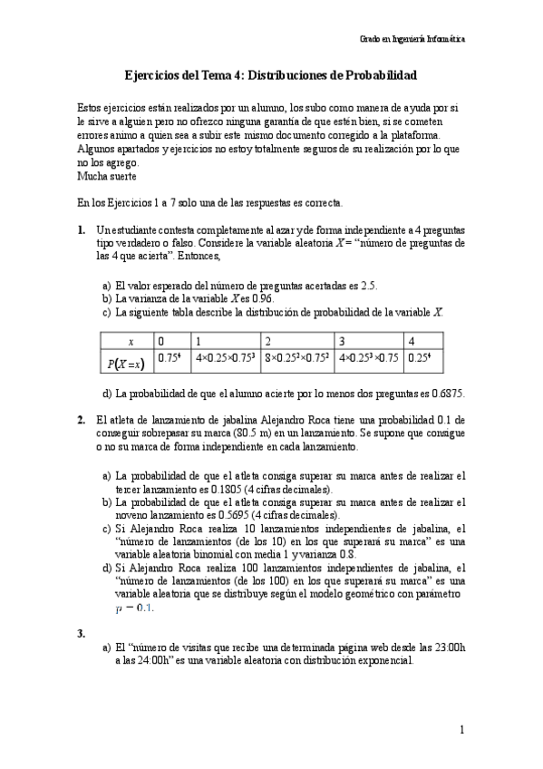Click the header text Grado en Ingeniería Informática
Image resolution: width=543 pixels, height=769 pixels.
click(x=413, y=40)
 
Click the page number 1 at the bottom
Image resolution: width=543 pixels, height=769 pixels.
click(x=461, y=729)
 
